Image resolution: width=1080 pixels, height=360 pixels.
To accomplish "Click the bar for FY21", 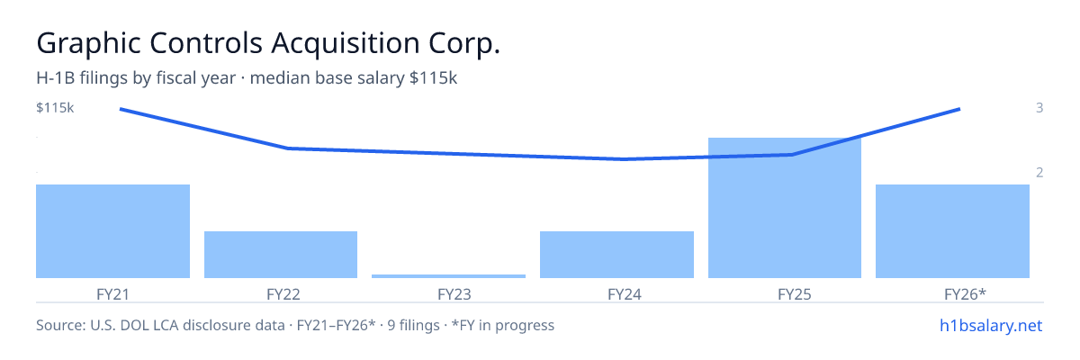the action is coord(112,231).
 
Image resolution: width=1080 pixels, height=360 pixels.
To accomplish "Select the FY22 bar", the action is coord(281,255).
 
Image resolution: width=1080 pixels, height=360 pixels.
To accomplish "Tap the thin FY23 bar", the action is coord(448,276).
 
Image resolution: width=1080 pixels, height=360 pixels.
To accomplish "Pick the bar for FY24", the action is coord(616,255).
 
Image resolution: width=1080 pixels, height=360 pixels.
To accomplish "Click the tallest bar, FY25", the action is coord(785,208).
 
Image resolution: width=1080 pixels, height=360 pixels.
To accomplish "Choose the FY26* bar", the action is coord(952,231).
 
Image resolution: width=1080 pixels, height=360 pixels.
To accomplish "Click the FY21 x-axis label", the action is coord(112,294).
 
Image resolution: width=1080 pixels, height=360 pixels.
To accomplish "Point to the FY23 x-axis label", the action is coord(454,294).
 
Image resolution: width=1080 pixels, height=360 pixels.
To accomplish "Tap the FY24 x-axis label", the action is coord(625,294).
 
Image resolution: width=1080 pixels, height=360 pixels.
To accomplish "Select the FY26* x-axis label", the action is coord(965,294).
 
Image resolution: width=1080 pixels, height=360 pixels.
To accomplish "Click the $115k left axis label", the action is coord(55,107).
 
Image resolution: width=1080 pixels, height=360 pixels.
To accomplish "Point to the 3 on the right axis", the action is coord(1039,107).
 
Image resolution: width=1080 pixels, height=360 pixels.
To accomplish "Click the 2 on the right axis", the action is coord(1039,172).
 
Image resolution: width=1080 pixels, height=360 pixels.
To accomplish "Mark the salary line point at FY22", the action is coord(288,148).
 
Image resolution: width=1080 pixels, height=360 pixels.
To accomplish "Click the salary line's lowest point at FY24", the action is coord(624,159).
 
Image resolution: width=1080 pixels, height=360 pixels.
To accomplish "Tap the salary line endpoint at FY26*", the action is coord(960,110).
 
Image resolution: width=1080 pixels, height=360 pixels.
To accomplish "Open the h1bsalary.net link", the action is coord(991,326).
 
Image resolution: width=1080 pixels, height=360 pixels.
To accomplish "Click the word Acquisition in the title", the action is coord(346,43).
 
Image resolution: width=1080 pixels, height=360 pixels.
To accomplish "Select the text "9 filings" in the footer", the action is coord(414,325).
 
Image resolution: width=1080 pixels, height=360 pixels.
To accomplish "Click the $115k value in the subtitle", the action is coord(433,78).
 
